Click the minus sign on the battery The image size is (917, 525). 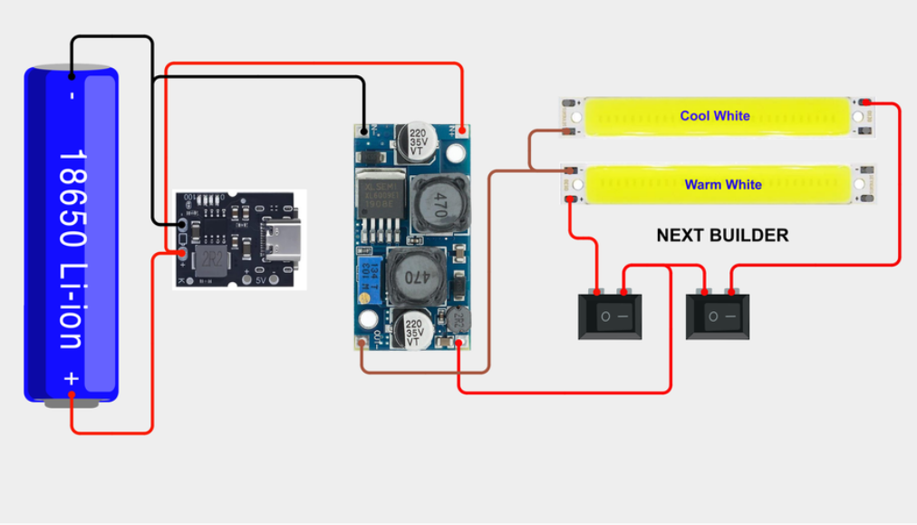pos(72,94)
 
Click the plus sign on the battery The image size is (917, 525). pos(72,379)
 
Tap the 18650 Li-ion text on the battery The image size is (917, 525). pos(72,248)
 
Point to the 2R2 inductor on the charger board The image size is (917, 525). pos(210,258)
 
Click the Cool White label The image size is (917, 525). pos(715,116)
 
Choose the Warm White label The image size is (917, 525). pos(722,185)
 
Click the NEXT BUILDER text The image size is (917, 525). pos(722,236)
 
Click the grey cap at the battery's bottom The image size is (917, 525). pos(72,402)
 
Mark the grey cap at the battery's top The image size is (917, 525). pos(72,67)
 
